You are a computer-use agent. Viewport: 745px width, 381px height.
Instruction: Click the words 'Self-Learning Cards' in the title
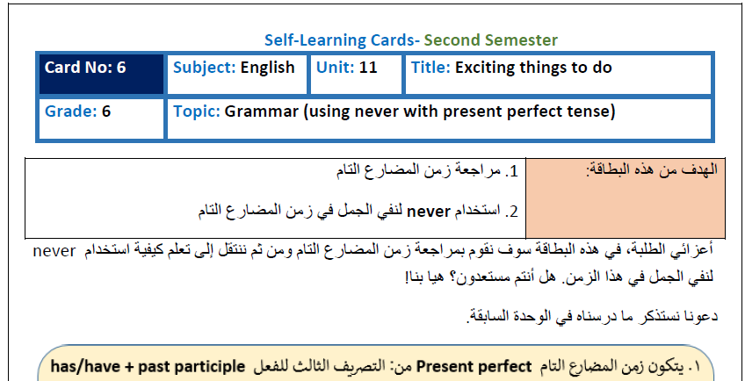(x=339, y=40)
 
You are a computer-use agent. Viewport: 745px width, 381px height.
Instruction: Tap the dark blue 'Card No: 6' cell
(x=101, y=74)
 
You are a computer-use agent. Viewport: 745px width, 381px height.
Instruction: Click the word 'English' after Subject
(x=267, y=68)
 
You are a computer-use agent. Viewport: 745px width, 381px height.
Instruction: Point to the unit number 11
(x=368, y=68)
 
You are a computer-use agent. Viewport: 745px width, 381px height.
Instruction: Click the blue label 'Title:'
(x=430, y=68)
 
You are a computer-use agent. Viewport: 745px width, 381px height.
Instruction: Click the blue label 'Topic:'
(x=197, y=112)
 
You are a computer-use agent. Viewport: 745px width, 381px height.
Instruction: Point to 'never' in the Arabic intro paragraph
(x=54, y=251)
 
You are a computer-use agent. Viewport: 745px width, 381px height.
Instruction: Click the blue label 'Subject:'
(x=205, y=68)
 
